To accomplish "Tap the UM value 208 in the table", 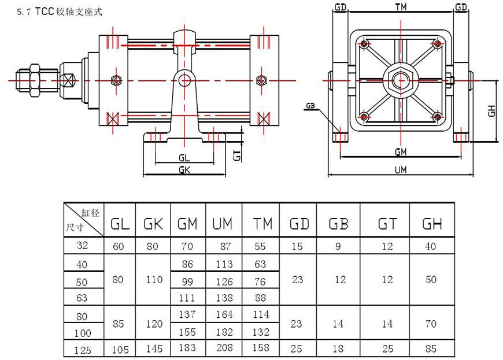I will point(224,348).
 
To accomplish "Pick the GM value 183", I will point(188,348).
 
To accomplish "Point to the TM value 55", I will point(260,246).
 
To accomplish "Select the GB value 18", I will point(339,348).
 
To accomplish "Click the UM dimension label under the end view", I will point(400,170).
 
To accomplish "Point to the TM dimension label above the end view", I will point(400,8).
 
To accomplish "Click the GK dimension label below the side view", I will point(184,170).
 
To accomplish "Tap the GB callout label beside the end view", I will point(310,106).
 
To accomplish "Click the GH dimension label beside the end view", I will point(491,110).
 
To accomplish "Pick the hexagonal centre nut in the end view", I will point(399,79).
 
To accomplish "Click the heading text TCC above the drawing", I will point(46,11).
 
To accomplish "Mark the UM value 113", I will point(224,265).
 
